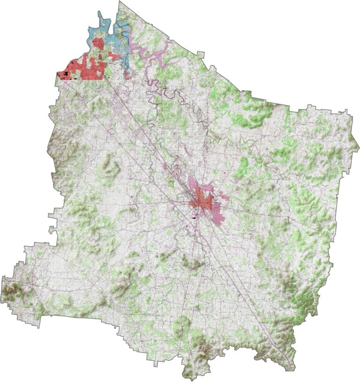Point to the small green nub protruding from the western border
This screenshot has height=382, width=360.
[51, 229]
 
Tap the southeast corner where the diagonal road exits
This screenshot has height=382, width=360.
[292, 369]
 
